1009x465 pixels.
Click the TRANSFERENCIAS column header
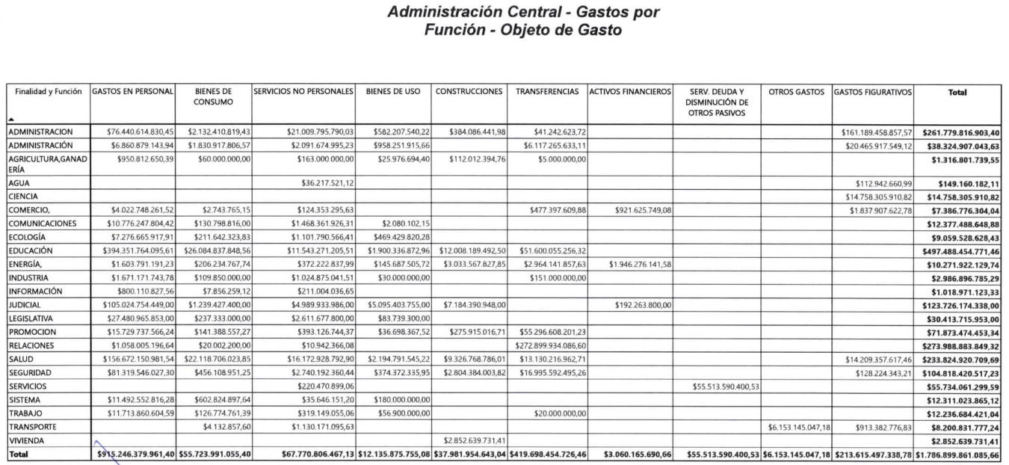[x=547, y=93]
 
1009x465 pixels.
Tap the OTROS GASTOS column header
[x=795, y=93]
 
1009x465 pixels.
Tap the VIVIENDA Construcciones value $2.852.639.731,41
[x=469, y=441]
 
